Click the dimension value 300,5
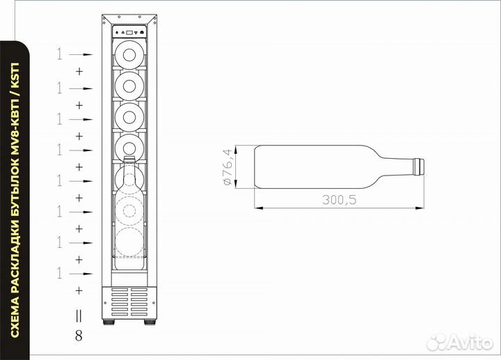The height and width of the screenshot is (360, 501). pos(339,200)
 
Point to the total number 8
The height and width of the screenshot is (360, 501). pos(78,336)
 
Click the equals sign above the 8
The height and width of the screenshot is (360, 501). pos(78,315)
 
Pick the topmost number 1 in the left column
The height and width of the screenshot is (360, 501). pos(60,54)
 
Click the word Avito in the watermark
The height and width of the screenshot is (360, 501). pos(470,342)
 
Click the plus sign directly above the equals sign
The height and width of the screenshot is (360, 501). pos(79,290)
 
